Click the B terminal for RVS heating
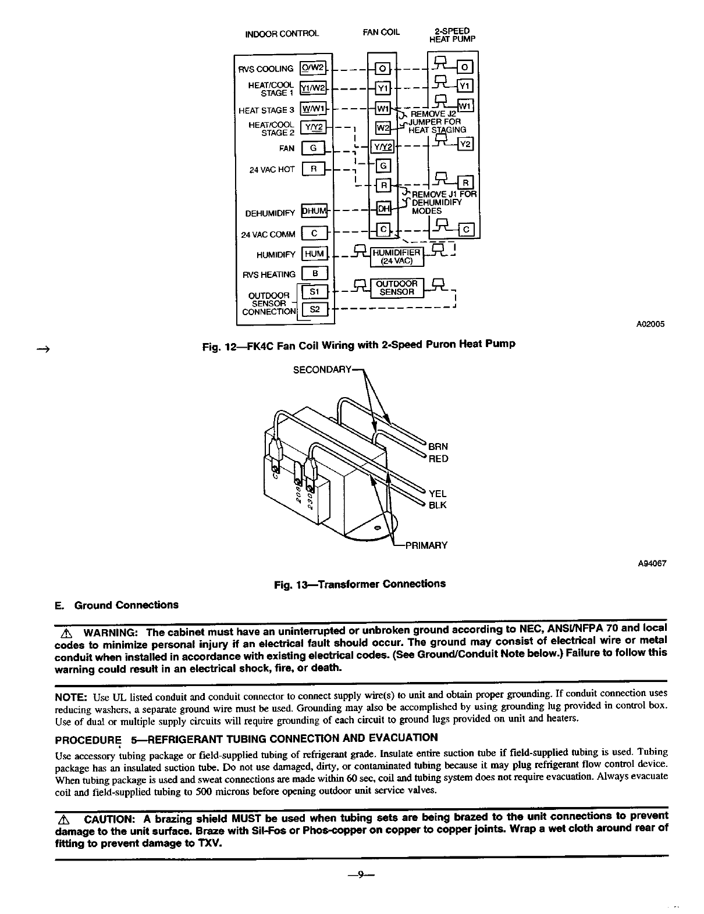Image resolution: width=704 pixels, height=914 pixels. coord(314,273)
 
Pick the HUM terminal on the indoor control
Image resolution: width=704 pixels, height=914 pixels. coord(314,254)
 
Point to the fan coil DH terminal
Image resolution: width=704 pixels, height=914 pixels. coord(383,209)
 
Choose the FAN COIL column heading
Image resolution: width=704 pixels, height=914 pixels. coord(381,32)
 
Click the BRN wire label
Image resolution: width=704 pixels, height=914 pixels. coord(438,447)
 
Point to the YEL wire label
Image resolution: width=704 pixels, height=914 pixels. coord(438,493)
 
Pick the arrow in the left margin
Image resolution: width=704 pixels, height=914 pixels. coord(42,349)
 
